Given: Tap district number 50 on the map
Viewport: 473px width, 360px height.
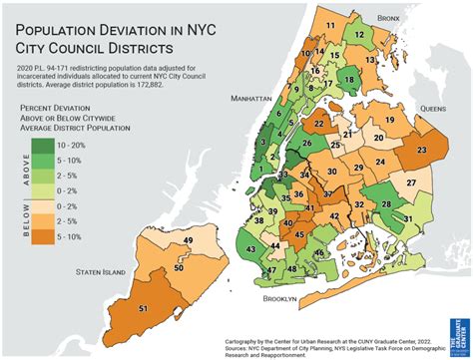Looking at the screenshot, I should click(179, 268).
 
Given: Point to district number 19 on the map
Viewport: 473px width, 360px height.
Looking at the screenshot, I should click(389, 121).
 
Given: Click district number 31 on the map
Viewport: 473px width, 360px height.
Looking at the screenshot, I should click(407, 218).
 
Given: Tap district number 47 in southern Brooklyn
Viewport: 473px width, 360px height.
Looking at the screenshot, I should click(271, 270).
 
